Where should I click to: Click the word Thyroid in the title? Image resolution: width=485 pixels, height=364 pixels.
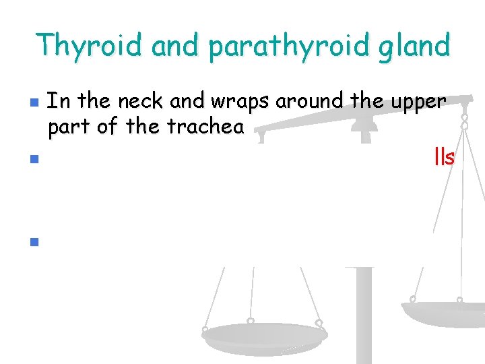(x=90, y=46)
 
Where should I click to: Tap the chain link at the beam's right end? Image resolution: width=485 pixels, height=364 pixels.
(x=463, y=121)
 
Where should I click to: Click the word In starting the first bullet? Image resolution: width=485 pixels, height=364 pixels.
(x=59, y=102)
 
